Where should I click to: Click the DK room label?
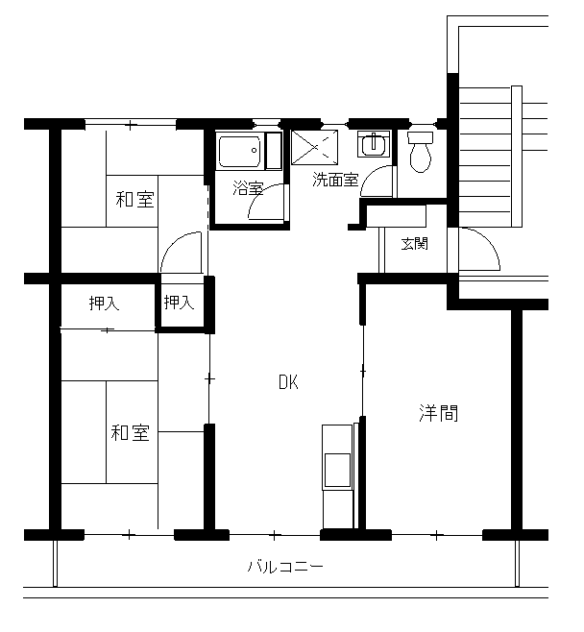[x=288, y=382]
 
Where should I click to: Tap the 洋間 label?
[x=439, y=413]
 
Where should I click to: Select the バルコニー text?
[x=285, y=567]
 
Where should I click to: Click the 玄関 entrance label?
[x=414, y=243]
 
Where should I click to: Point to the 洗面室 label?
[x=335, y=180]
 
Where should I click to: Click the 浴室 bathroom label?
[x=248, y=188]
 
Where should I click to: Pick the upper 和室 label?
[x=135, y=199]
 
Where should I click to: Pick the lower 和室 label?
[x=131, y=432]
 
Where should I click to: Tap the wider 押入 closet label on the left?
[x=105, y=304]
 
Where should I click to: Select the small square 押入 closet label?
[x=180, y=302]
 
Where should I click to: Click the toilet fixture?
[x=421, y=152]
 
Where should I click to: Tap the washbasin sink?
[x=374, y=144]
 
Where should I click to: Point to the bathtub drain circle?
[x=254, y=151]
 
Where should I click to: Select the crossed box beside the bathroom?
[x=315, y=147]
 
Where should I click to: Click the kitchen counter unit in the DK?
[x=338, y=476]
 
